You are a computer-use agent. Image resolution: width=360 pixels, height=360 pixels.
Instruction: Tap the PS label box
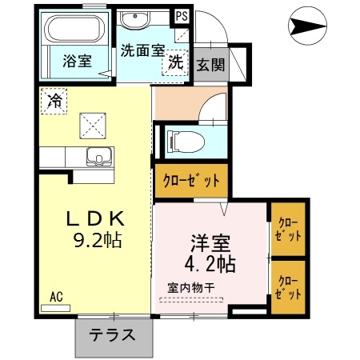(182, 15)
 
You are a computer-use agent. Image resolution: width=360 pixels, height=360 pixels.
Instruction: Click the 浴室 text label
(78, 59)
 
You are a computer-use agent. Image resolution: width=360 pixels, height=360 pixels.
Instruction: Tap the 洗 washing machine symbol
(175, 64)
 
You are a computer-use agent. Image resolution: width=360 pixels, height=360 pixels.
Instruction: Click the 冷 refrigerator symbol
(54, 101)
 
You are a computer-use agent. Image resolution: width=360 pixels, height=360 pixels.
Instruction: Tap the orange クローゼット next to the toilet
(191, 181)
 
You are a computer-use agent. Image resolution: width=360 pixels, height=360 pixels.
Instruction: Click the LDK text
(94, 218)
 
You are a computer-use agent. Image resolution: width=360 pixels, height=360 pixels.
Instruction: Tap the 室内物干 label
(190, 287)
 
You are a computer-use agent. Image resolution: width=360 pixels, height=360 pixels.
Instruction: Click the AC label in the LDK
(56, 296)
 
